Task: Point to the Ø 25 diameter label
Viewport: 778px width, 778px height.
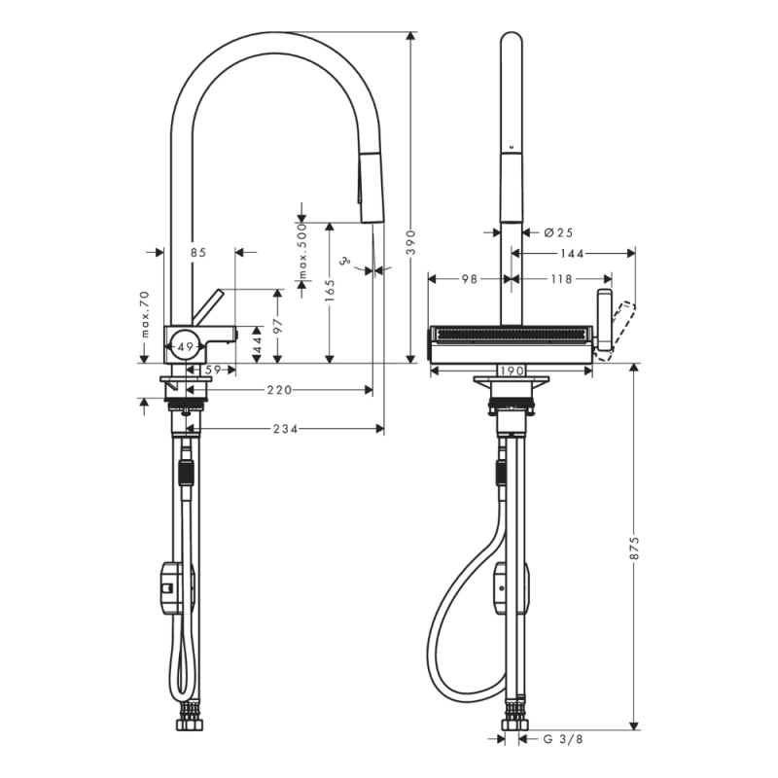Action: pos(558,232)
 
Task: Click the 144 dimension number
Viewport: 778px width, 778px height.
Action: pos(572,254)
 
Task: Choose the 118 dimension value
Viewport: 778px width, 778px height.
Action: pos(560,279)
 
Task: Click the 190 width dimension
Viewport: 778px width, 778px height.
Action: pos(513,371)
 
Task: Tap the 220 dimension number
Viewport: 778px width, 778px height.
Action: pos(280,390)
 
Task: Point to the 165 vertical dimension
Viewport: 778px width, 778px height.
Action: pos(330,289)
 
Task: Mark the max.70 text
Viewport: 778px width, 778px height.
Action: pos(145,314)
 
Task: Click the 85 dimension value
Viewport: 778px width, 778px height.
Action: pos(198,253)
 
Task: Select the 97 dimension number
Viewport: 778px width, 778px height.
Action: pos(277,328)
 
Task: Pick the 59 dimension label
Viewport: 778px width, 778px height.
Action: pos(213,370)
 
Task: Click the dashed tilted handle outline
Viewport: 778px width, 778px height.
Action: pos(619,331)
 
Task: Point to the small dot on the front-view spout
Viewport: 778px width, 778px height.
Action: pos(512,150)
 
